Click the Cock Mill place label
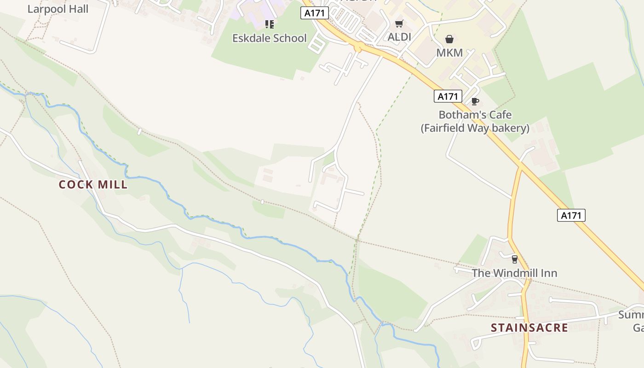(x=93, y=184)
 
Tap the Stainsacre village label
(x=529, y=328)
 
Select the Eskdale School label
(x=269, y=38)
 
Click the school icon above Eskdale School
(x=269, y=24)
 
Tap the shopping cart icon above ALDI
(x=399, y=23)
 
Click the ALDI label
(x=399, y=37)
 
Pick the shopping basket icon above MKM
(x=449, y=40)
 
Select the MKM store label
(x=449, y=52)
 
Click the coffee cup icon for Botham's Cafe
(x=475, y=101)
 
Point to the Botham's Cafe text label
(x=475, y=115)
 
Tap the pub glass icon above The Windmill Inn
(x=514, y=259)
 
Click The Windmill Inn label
(x=514, y=273)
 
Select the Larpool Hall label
(x=58, y=9)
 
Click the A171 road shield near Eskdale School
(x=315, y=13)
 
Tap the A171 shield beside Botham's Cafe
(x=448, y=96)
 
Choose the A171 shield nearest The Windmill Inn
(x=571, y=215)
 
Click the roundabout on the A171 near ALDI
(x=359, y=46)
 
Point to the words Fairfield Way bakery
(x=475, y=128)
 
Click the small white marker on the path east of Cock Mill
(x=262, y=201)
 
